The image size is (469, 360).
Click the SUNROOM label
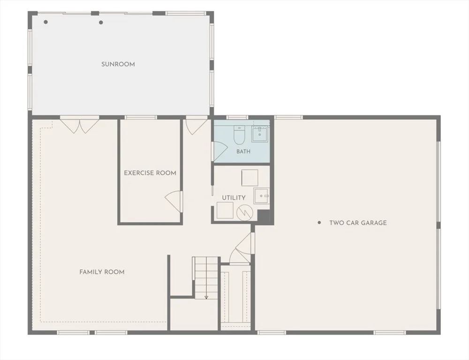point(118,64)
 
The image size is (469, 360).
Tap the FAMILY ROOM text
point(102,272)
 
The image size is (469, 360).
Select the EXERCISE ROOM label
point(150,173)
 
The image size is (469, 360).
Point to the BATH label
point(243,151)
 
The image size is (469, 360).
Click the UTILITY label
point(234,198)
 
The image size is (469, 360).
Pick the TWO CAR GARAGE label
point(358,223)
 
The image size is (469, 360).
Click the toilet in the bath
point(239,135)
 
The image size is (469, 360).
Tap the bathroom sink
point(260,134)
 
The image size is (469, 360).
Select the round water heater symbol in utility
point(245,213)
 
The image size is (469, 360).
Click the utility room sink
point(262,196)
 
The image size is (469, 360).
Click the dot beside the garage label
point(319,223)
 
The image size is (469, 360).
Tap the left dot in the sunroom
point(46,22)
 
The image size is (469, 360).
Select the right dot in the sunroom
point(101,22)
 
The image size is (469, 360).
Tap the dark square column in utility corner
point(264,216)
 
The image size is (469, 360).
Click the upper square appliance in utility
point(250,178)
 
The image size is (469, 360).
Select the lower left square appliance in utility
point(225,210)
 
